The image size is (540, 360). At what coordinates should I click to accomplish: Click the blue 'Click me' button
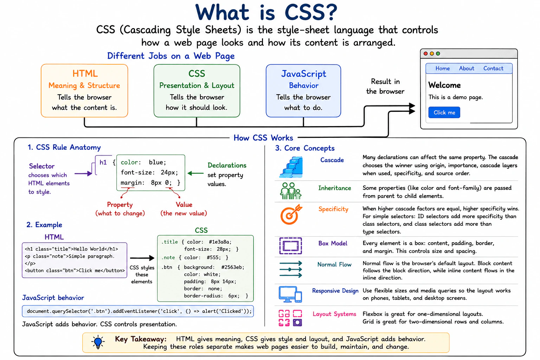click(444, 112)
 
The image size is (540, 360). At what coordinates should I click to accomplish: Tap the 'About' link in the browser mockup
click(467, 69)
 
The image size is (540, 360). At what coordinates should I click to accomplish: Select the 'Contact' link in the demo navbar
click(493, 69)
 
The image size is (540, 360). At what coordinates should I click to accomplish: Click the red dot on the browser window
click(426, 53)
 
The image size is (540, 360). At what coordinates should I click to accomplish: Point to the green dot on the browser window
click(438, 53)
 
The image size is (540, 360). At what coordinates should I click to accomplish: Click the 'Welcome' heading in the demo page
click(444, 85)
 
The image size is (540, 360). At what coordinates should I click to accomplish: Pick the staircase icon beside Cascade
click(291, 167)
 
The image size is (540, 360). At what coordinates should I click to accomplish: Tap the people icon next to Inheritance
click(291, 191)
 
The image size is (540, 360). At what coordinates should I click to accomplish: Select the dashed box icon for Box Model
click(290, 246)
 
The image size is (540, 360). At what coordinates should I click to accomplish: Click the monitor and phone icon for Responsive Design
click(290, 294)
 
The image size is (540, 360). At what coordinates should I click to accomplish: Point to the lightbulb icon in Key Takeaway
click(98, 342)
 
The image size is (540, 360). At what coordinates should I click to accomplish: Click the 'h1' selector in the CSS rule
click(103, 162)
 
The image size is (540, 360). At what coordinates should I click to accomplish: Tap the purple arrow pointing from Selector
click(83, 173)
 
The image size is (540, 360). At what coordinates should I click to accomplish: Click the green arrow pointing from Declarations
click(195, 173)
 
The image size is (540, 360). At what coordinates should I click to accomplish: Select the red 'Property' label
click(120, 205)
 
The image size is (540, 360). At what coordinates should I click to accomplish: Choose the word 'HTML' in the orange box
click(85, 73)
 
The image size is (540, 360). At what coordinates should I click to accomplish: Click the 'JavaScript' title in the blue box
click(303, 74)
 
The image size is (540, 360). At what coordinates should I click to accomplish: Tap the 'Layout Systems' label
click(334, 314)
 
